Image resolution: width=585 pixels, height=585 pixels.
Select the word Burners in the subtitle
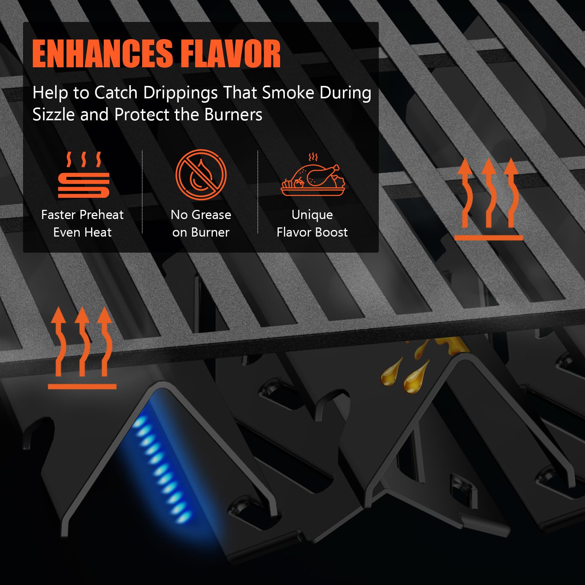click(x=233, y=114)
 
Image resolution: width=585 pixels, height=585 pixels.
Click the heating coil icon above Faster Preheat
click(x=84, y=175)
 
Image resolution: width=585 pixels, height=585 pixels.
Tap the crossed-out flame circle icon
click(x=201, y=174)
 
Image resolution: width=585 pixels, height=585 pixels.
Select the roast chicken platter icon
click(x=313, y=174)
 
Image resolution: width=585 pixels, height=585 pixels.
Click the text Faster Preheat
click(x=82, y=215)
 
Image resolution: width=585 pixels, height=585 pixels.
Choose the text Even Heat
click(x=82, y=232)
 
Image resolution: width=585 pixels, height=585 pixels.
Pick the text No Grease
click(x=201, y=215)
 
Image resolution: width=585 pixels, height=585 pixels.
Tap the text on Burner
click(x=201, y=232)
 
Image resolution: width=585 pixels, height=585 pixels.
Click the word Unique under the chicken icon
click(x=312, y=215)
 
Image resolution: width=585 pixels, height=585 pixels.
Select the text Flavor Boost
click(x=312, y=232)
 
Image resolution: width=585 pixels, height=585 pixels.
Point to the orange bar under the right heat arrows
click(x=489, y=238)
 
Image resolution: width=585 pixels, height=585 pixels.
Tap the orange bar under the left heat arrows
click(x=82, y=386)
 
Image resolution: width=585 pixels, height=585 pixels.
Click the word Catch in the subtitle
click(x=116, y=93)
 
